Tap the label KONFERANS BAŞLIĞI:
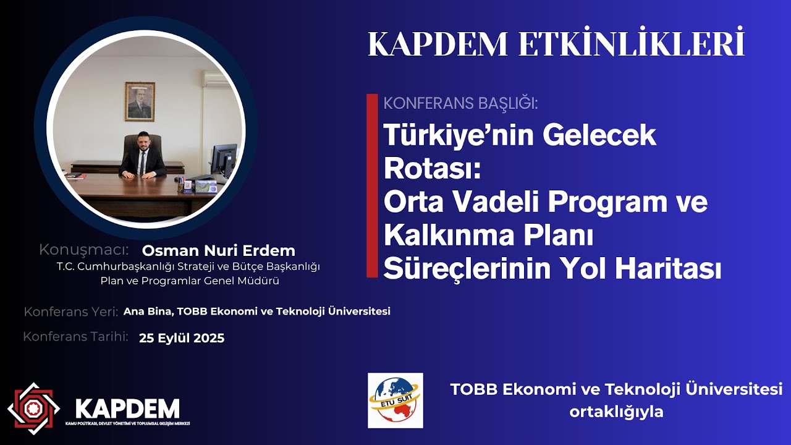pyautogui.click(x=460, y=103)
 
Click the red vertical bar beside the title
pyautogui.click(x=371, y=185)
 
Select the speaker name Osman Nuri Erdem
pyautogui.click(x=219, y=251)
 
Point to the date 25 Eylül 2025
pyautogui.click(x=182, y=338)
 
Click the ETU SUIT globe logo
pyautogui.click(x=395, y=400)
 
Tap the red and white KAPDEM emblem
pyautogui.click(x=33, y=409)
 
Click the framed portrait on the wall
pyautogui.click(x=140, y=101)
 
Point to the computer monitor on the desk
pyautogui.click(x=223, y=159)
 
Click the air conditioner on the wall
pyautogui.click(x=216, y=79)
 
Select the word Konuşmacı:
pyautogui.click(x=83, y=250)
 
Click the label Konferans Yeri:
pyautogui.click(x=71, y=312)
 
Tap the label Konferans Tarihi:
pyautogui.click(x=75, y=337)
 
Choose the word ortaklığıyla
pyautogui.click(x=616, y=412)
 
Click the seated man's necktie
pyautogui.click(x=142, y=161)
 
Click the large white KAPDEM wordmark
pyautogui.click(x=127, y=409)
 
